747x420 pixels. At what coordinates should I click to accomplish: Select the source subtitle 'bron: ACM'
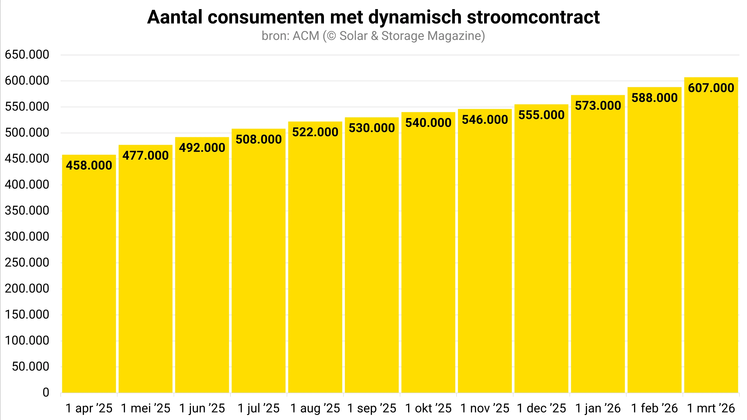(290, 36)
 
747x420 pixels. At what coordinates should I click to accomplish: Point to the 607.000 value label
(711, 88)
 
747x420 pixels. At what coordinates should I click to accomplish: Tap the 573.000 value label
(598, 106)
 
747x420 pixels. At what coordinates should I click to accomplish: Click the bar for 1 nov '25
(485, 261)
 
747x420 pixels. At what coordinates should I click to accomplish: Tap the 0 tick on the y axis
(46, 393)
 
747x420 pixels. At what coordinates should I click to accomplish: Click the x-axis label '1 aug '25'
(315, 408)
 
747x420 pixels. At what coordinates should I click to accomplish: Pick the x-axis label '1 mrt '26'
(711, 408)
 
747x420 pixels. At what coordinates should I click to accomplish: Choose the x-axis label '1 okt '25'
(428, 408)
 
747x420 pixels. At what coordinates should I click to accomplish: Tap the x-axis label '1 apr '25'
(89, 408)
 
